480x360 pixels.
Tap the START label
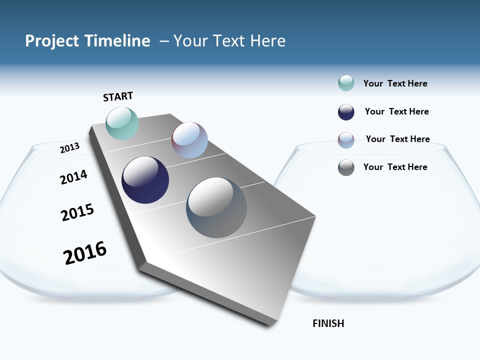(x=118, y=96)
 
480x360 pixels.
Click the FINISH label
(x=328, y=323)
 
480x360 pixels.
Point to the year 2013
(x=69, y=147)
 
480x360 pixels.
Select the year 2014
(x=73, y=177)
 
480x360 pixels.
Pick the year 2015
(x=77, y=212)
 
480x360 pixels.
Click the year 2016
(x=85, y=252)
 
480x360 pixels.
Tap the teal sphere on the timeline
(x=122, y=123)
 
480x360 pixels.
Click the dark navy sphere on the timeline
(x=145, y=180)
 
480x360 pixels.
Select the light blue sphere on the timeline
(x=189, y=140)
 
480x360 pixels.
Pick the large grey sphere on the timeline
(x=216, y=207)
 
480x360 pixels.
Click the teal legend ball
(x=346, y=83)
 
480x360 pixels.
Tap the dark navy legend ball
(x=346, y=112)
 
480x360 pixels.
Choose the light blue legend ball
(x=346, y=140)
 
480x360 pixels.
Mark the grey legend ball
(x=346, y=167)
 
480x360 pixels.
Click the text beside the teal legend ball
(x=395, y=83)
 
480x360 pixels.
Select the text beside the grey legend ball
(x=395, y=167)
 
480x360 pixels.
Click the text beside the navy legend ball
(x=396, y=111)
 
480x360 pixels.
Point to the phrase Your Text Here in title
(x=229, y=41)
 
